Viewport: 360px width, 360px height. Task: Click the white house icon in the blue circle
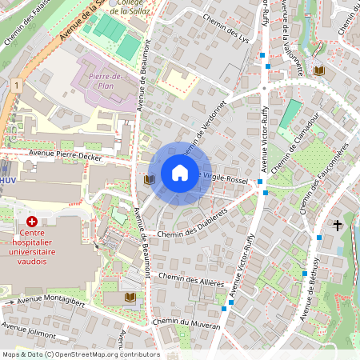coord(180,173)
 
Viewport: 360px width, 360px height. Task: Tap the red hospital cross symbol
coord(32,220)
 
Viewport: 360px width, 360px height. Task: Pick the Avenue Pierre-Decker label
coord(64,155)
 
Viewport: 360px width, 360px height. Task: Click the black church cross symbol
coord(338,226)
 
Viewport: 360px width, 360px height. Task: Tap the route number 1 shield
coord(15,84)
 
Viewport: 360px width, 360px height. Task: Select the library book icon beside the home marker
coord(148,180)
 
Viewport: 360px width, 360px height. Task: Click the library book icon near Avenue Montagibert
coord(130,298)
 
